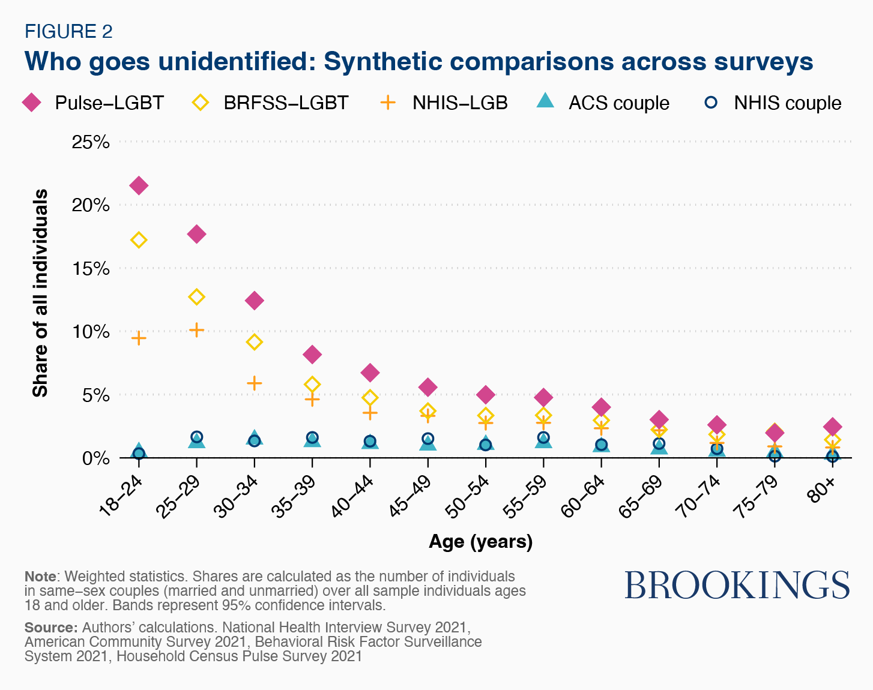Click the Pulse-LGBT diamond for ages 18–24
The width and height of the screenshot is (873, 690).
point(139,185)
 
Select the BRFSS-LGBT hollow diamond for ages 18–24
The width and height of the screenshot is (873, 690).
point(139,240)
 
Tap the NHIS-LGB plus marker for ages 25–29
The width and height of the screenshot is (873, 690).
point(197,330)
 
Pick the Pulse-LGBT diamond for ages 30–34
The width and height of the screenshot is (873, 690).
point(255,301)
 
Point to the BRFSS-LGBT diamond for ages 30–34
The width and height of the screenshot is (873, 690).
point(255,342)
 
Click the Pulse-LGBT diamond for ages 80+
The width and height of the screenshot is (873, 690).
point(832,427)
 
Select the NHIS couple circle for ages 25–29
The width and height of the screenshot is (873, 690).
point(197,437)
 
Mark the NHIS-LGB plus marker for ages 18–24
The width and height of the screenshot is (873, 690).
point(139,338)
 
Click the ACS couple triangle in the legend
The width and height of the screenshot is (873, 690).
point(545,102)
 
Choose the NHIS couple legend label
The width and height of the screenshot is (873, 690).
point(787,103)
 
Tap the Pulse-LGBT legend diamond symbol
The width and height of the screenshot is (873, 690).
point(31,103)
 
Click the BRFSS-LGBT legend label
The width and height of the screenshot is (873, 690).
point(286,103)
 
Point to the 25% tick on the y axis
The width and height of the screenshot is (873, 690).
point(91,142)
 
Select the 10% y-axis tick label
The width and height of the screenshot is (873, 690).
point(91,332)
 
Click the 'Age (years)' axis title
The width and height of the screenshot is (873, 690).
point(480,542)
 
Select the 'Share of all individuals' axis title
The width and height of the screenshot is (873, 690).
point(40,293)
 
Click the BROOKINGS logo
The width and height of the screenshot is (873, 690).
point(737,585)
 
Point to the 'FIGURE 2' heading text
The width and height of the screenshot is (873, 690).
point(68,31)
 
